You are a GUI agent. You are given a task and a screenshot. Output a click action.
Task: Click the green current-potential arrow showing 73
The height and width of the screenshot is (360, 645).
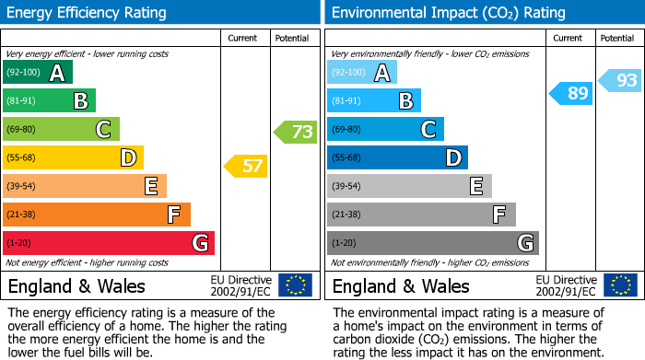tap(296, 132)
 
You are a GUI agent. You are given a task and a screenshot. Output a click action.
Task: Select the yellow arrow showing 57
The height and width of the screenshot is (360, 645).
tap(246, 167)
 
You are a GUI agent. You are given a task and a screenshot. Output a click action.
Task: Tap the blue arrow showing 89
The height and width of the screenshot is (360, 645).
tap(571, 93)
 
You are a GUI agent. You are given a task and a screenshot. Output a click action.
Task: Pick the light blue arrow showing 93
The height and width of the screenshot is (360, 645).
tap(620, 81)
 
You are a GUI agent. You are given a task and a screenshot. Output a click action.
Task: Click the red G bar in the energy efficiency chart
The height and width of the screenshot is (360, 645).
tap(108, 243)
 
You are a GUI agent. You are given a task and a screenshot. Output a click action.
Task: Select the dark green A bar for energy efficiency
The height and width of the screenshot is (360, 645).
tap(37, 72)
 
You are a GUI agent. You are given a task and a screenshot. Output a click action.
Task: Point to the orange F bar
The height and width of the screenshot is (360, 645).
tap(96, 215)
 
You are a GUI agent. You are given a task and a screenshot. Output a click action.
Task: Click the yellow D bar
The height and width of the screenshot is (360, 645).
tap(73, 157)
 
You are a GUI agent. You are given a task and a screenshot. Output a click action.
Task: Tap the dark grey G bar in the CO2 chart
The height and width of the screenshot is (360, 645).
tap(432, 243)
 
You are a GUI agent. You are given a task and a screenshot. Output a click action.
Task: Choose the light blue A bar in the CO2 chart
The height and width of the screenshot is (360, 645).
tap(361, 72)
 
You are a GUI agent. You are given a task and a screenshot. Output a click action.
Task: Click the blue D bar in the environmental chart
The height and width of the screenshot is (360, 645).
tap(397, 157)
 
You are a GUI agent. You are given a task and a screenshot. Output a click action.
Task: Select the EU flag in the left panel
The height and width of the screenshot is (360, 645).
tap(295, 285)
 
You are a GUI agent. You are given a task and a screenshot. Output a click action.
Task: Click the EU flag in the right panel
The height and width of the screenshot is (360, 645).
tap(620, 285)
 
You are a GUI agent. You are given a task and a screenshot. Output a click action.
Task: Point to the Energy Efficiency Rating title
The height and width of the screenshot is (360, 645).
tap(88, 13)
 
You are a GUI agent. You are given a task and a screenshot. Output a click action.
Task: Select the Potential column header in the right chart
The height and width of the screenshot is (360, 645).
tap(617, 38)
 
